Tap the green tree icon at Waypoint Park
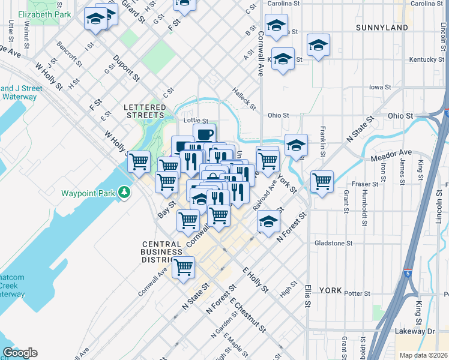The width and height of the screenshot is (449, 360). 124,193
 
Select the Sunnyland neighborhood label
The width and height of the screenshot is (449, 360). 382,28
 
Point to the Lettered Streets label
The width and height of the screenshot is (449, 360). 144,110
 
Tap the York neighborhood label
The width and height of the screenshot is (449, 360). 330,290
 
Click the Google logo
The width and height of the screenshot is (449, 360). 20,353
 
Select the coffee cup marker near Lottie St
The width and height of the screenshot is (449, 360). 204,134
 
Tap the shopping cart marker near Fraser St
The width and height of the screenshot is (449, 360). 322,181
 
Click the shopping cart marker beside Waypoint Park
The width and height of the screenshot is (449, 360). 139,160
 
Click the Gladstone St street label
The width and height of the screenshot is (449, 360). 333,243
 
